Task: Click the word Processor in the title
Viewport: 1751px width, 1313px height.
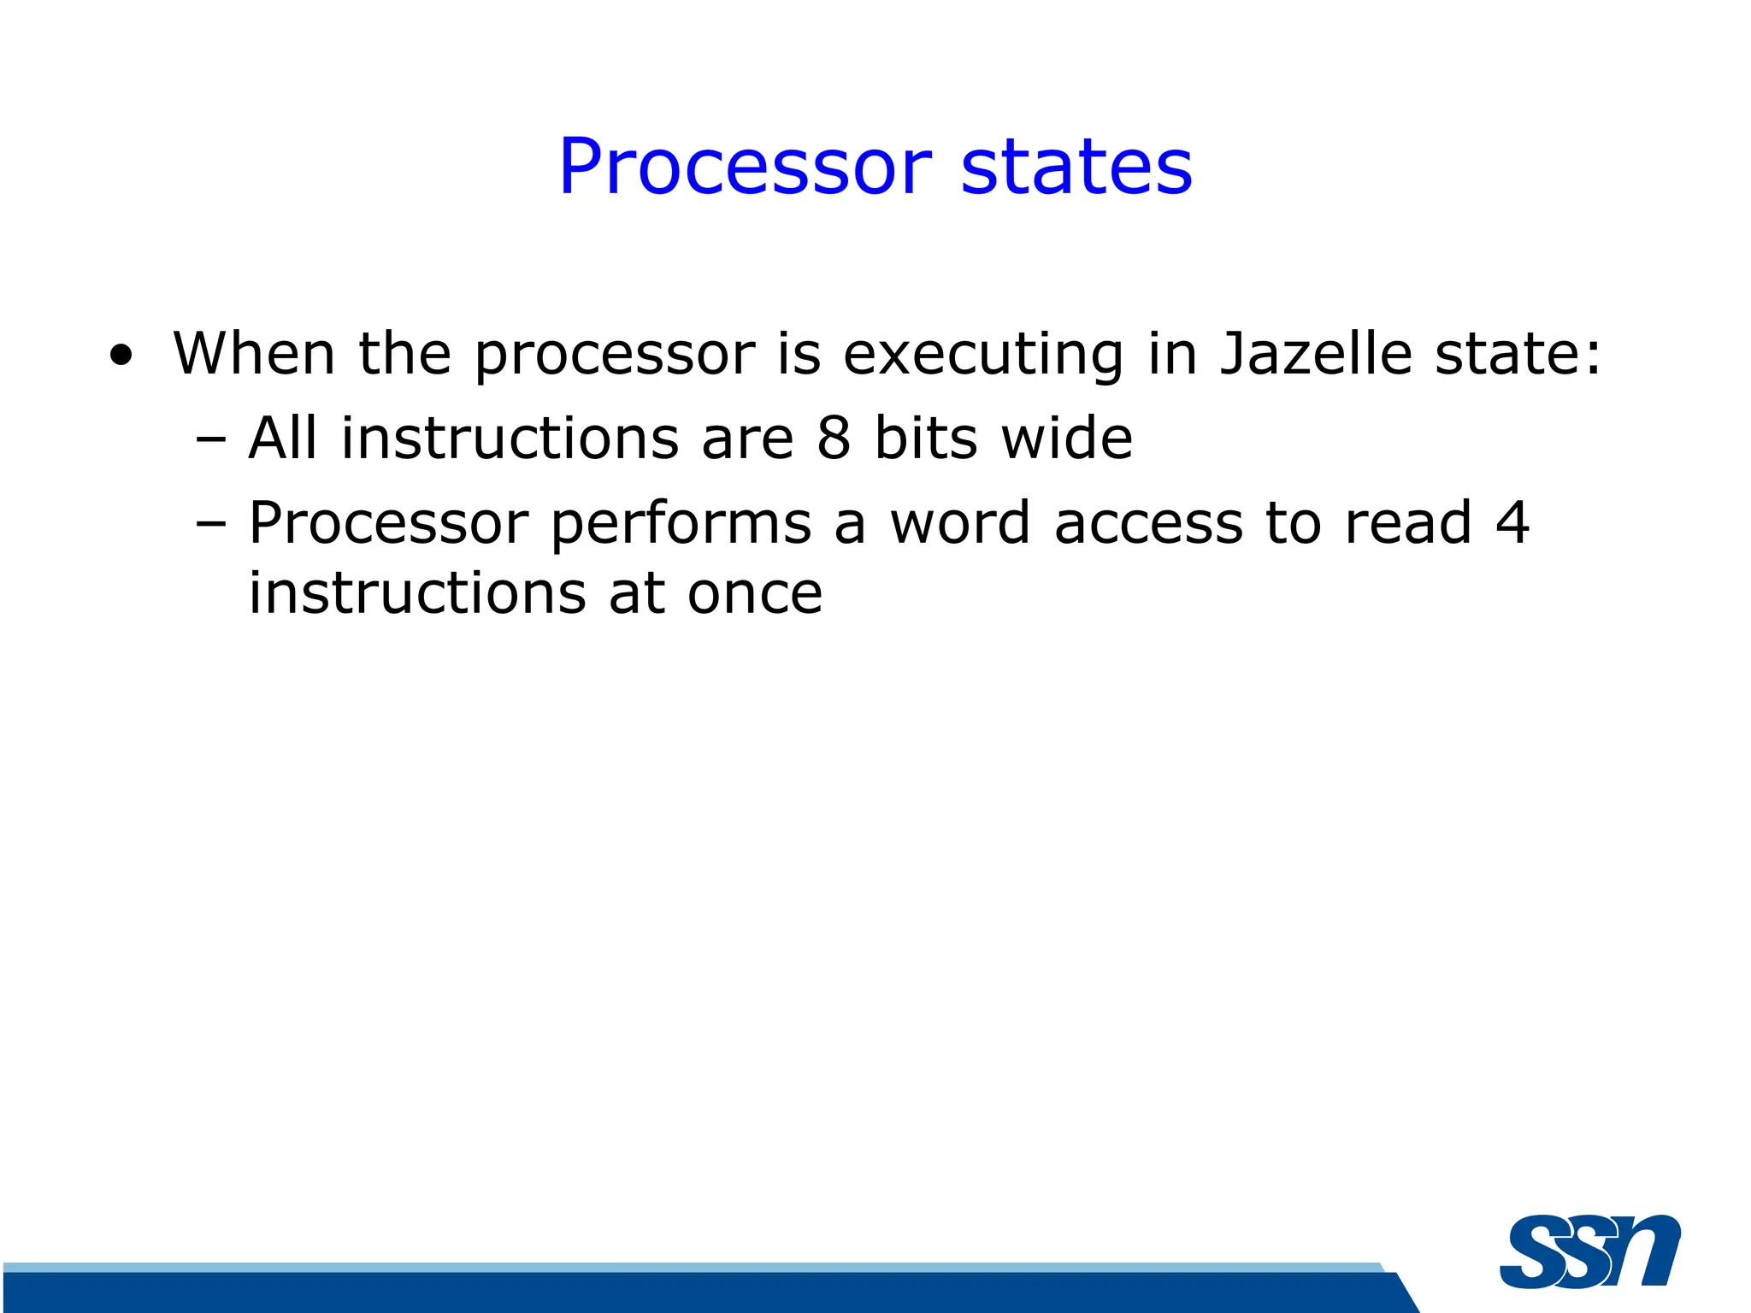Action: pyautogui.click(x=744, y=167)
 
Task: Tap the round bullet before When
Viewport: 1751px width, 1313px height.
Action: pyautogui.click(x=121, y=356)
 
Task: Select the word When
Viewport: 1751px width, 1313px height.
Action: pyautogui.click(x=253, y=353)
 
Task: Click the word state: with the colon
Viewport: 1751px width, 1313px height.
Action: pyautogui.click(x=1517, y=353)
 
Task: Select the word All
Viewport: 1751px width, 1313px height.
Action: pyautogui.click(x=283, y=438)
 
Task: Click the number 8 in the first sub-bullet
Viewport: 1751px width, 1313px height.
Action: pyautogui.click(x=834, y=438)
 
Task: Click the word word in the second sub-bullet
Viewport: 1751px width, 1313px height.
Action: pyautogui.click(x=959, y=522)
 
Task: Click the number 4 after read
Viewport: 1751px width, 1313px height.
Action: pyautogui.click(x=1512, y=522)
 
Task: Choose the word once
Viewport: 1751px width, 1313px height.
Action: pyautogui.click(x=755, y=593)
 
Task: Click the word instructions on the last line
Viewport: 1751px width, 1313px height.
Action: pyautogui.click(x=417, y=593)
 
